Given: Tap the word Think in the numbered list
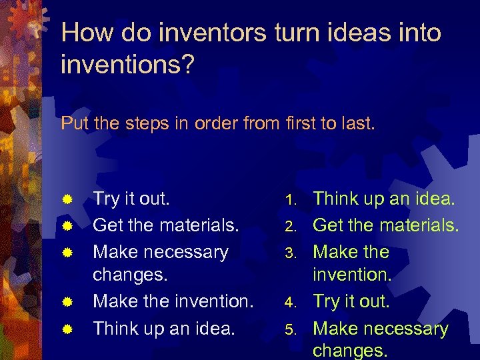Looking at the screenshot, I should (337, 199).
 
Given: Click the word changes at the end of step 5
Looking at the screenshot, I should (350, 350).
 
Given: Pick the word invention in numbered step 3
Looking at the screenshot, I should (352, 275).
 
